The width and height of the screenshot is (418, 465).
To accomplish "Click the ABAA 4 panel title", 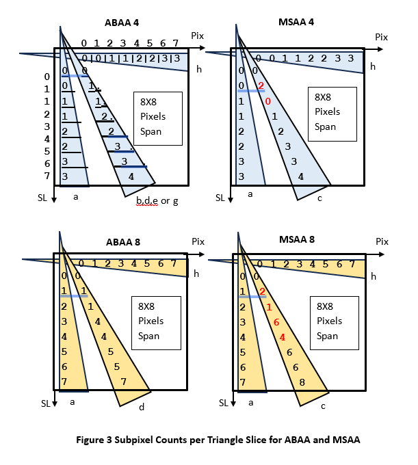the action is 122,23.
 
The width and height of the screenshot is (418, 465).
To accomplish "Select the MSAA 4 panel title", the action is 296,22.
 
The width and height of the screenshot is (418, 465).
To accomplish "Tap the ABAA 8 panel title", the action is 123,242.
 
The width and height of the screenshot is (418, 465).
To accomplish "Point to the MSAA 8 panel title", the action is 297,239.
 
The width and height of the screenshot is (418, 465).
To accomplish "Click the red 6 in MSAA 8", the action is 276,322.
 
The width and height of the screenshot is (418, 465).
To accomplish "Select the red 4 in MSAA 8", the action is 282,337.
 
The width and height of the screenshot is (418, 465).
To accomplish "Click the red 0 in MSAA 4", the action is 268,101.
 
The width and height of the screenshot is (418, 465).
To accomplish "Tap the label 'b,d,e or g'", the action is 157,201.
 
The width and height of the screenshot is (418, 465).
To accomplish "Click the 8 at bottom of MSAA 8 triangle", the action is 302,382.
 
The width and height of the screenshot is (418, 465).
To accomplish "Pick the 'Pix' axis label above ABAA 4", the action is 197,36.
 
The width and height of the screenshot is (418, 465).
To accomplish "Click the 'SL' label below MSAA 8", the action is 224,403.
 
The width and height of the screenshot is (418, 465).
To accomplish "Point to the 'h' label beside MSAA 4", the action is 373,66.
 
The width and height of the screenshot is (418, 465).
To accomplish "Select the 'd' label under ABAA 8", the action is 142,407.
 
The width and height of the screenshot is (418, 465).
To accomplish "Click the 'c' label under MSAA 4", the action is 319,198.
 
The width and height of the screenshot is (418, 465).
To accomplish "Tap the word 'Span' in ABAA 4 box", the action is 151,131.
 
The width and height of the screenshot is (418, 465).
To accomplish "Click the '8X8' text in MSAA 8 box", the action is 325,306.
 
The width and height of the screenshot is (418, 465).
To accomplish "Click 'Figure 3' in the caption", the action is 94,440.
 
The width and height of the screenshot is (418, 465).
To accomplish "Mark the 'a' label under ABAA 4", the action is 76,197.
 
